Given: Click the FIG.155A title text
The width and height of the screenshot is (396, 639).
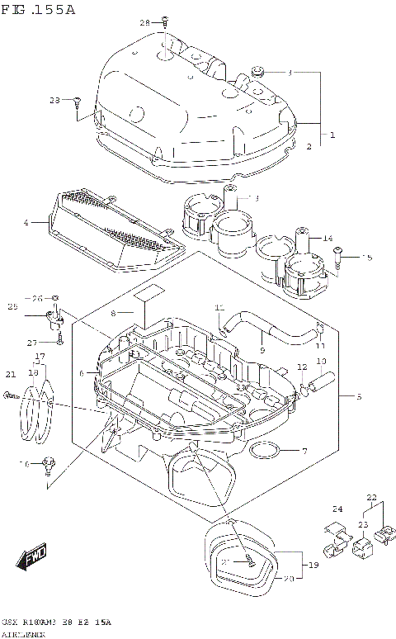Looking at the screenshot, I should coord(39,10).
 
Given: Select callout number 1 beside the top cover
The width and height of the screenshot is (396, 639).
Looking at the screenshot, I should coord(332,135).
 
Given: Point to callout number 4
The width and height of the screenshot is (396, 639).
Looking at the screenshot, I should coord(26,222).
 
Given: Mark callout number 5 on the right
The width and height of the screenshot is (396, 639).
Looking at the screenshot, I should coord(359,396).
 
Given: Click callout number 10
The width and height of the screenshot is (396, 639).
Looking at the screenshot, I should coord(321,362).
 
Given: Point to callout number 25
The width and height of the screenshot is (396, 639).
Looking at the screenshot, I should coord(12,307).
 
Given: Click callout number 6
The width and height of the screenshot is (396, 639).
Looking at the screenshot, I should coord(81,373).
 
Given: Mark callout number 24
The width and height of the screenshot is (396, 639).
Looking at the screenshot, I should coord(337,509).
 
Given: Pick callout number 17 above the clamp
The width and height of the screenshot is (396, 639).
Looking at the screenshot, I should coord(39,357).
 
